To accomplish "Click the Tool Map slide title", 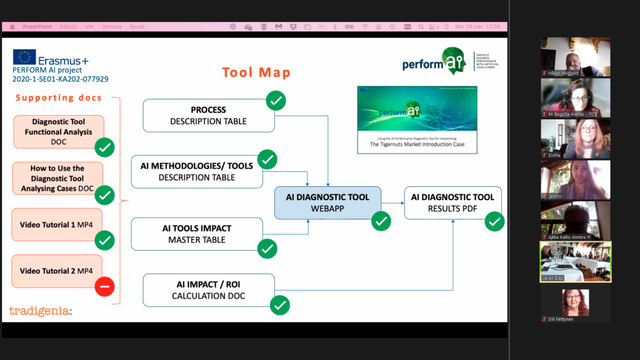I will coord(256,72).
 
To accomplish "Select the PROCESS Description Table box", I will coord(208,116).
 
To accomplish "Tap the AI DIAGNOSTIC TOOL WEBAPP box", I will coord(327,202).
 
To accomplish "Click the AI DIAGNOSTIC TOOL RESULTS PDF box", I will coord(452,202).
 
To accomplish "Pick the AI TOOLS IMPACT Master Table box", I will coord(197,234).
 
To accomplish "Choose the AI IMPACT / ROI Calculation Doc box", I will coord(208,290).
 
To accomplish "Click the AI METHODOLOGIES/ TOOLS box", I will coord(197,171).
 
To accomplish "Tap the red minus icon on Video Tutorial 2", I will coord(104,287).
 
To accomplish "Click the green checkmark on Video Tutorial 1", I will coord(104,240).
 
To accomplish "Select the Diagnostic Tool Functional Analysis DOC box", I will coord(58,131).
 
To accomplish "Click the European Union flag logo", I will coord(24,57).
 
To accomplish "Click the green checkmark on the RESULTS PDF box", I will coord(495,221).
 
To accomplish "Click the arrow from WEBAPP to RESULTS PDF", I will coord(392,202).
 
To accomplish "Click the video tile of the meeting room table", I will coord(575,261).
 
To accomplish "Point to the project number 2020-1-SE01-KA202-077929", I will coord(60,79).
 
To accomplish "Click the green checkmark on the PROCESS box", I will coord(276,100).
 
